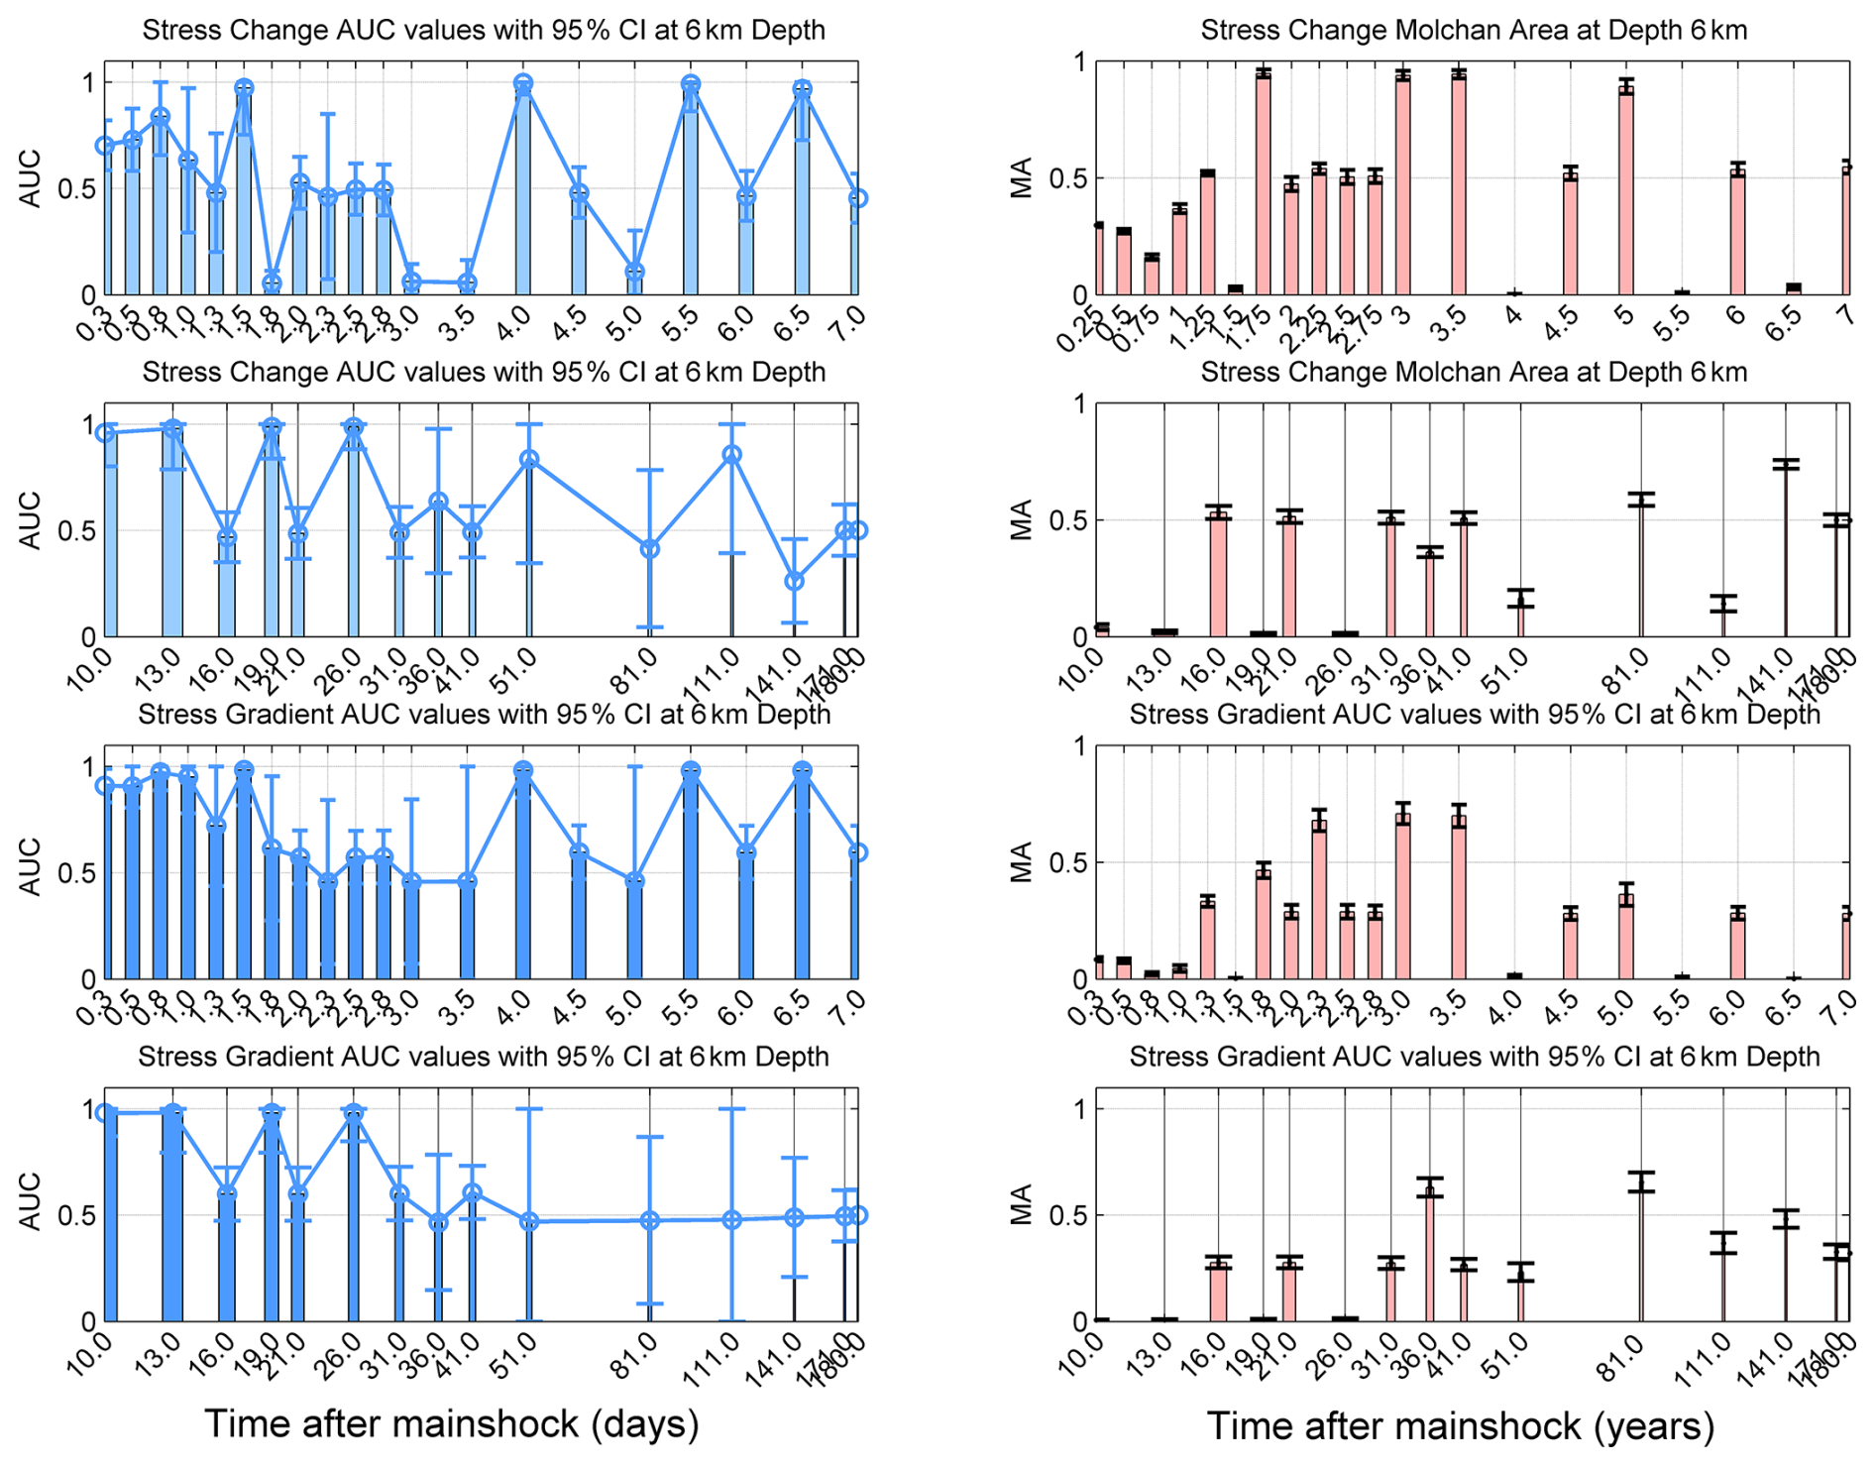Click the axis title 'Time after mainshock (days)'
(452, 1423)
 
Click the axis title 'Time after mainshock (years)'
(1461, 1425)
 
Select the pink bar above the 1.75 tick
(1263, 183)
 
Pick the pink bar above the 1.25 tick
(1207, 234)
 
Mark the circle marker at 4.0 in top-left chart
(523, 84)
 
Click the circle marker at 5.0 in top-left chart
(635, 272)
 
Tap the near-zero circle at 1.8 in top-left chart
(272, 283)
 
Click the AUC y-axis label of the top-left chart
(31, 178)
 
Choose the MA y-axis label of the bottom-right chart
(1022, 1205)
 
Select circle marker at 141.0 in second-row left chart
(794, 581)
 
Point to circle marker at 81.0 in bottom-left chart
(649, 1220)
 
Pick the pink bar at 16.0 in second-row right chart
(1218, 575)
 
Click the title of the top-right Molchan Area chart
(1473, 30)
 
